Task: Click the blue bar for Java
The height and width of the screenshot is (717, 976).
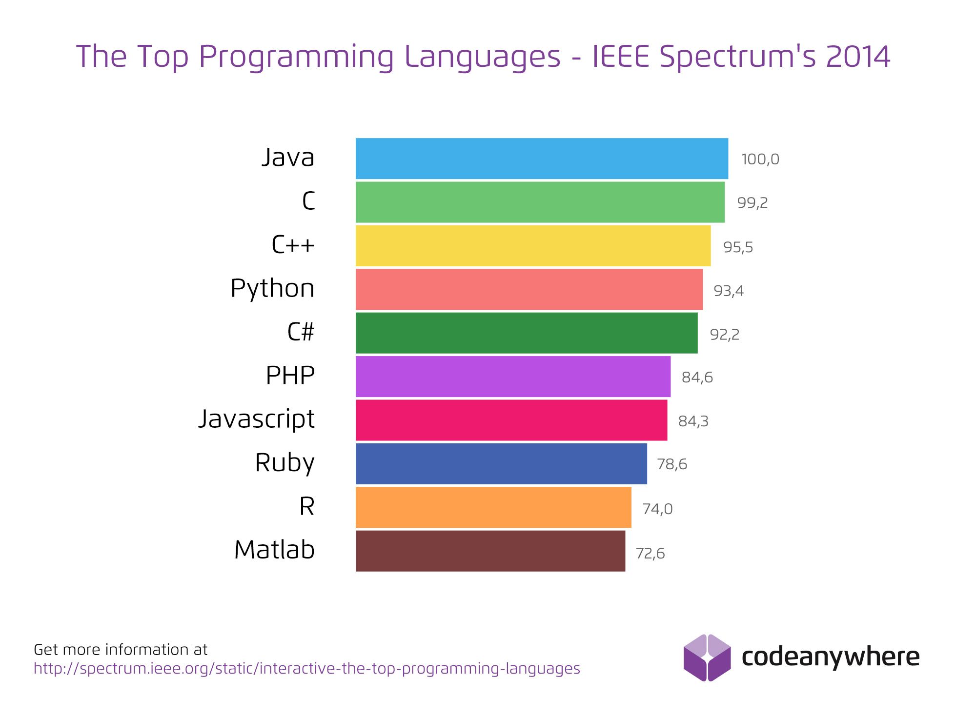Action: [x=542, y=159]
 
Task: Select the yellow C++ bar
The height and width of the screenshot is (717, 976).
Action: [x=533, y=246]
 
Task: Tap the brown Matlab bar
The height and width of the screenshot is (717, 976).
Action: [x=490, y=551]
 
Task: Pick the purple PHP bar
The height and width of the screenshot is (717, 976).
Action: [x=513, y=377]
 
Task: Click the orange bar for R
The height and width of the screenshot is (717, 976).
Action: [x=493, y=507]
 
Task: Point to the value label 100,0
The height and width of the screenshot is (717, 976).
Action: [x=760, y=159]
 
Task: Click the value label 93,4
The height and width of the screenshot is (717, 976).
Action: [x=728, y=291]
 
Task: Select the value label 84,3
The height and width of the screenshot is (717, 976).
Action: [x=693, y=421]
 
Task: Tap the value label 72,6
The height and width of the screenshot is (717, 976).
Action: [x=650, y=554]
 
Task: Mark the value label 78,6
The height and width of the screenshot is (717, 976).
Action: [x=671, y=464]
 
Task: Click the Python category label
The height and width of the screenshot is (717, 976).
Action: [x=272, y=289]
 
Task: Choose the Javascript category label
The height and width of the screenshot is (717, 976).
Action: [x=256, y=419]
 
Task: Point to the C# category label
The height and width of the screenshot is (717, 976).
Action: [x=301, y=332]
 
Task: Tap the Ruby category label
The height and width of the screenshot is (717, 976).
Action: [x=285, y=463]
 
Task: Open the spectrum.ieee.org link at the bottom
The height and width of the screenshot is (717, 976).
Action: [x=306, y=669]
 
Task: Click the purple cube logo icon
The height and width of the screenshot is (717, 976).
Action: [x=707, y=657]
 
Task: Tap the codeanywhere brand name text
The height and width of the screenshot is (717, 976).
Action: [x=830, y=657]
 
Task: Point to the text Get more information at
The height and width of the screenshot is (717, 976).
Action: [x=121, y=650]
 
